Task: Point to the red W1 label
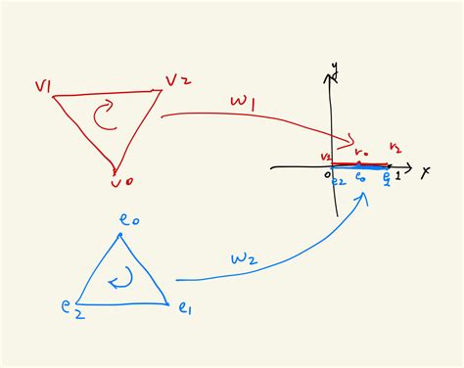click(244, 101)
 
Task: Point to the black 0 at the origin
click(328, 173)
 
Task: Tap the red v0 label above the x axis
click(361, 153)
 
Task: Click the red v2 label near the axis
click(327, 157)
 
